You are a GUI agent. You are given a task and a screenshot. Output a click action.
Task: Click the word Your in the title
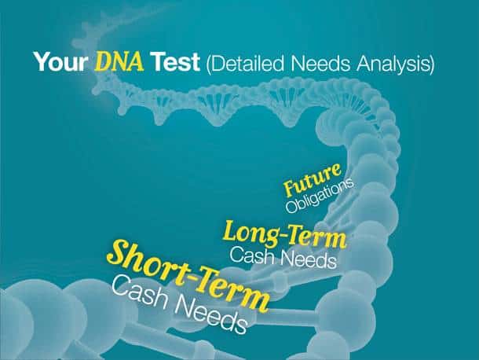click(x=60, y=62)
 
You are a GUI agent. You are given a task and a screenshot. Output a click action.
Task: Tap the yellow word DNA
click(x=119, y=61)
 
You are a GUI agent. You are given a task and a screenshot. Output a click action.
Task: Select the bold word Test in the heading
click(x=176, y=62)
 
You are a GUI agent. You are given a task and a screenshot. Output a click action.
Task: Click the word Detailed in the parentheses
click(x=248, y=63)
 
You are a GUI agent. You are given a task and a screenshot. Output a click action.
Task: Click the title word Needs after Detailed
click(x=320, y=64)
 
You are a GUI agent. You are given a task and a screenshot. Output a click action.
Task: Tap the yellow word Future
click(x=312, y=179)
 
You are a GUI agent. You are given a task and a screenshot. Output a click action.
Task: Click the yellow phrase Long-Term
click(x=285, y=235)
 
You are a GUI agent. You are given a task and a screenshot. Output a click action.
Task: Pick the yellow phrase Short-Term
click(x=188, y=275)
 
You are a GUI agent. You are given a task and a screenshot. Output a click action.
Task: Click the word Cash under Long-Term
click(x=252, y=255)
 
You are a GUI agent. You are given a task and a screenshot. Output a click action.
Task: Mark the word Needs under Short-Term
click(x=210, y=314)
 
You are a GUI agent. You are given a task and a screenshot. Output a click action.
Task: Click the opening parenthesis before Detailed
click(x=208, y=64)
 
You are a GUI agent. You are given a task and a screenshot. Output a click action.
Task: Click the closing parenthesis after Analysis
click(x=431, y=64)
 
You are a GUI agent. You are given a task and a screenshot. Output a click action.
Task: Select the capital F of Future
click(x=291, y=188)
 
